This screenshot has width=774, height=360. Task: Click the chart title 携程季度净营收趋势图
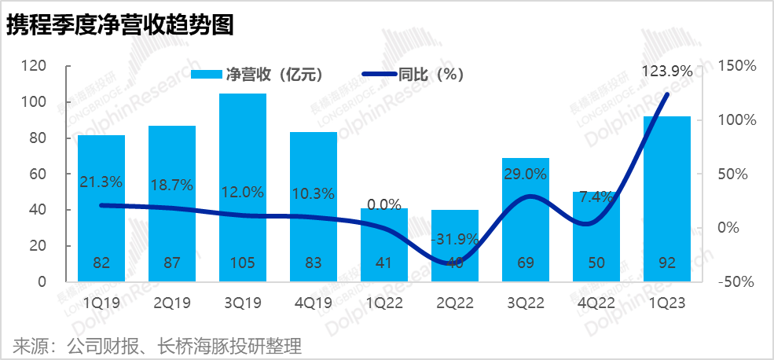[x=120, y=25]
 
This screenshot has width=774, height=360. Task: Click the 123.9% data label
[x=667, y=72]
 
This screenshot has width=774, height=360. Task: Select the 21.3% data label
[x=101, y=182]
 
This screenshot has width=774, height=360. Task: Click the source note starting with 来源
[x=157, y=345]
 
